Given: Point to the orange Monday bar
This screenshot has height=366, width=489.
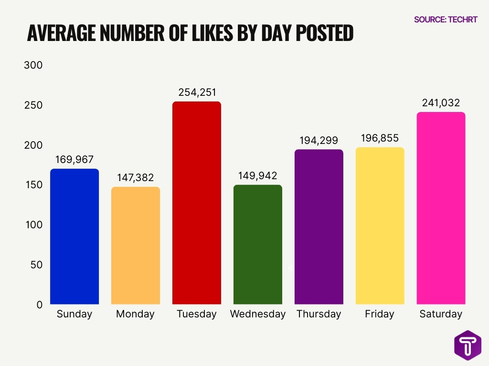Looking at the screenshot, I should [x=136, y=245].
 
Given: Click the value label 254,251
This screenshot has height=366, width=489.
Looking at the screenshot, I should [x=197, y=92].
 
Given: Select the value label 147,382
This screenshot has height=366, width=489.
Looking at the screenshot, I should [x=136, y=178].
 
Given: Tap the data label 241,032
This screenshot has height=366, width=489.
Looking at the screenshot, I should [x=441, y=103].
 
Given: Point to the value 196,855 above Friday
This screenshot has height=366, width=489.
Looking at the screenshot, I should [x=380, y=138].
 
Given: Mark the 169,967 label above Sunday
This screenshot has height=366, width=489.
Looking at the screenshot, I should [x=74, y=160].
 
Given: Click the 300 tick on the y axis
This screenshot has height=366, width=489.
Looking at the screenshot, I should [x=33, y=65].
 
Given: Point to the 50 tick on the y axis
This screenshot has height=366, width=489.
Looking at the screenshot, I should [x=36, y=264].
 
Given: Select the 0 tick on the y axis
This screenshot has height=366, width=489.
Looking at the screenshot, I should [x=40, y=304].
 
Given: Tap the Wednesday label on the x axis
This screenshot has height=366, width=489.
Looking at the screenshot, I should [x=258, y=314].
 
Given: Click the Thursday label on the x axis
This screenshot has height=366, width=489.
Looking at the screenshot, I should [x=319, y=314].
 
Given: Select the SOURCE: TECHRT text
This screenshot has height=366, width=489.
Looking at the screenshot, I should [x=446, y=20].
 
